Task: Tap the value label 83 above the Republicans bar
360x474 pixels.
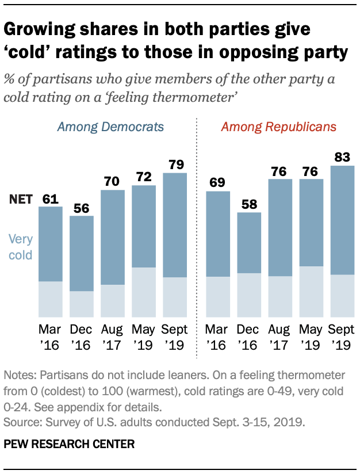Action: pos(343,156)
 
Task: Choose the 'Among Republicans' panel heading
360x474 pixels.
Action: pos(279,127)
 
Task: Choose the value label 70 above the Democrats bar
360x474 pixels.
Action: pos(113,181)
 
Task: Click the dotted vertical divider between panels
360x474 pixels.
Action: pos(197,230)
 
